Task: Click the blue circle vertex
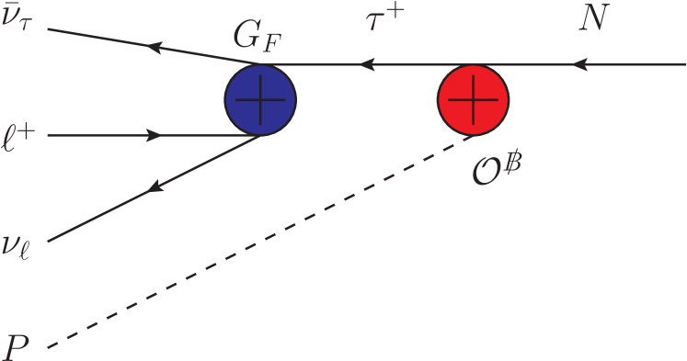click(260, 98)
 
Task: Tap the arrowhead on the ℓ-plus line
click(155, 135)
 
